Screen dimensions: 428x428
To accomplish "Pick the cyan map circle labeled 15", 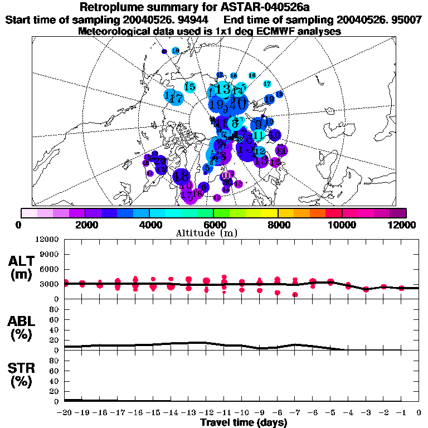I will click(189, 86).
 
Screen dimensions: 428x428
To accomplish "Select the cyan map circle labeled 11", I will click(258, 135).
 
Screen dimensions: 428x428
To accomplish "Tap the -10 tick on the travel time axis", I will click(241, 412).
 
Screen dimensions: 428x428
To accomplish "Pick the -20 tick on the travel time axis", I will click(65, 412).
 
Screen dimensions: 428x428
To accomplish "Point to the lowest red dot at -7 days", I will click(295, 295).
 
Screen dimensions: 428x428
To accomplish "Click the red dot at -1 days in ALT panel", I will click(401, 288).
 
